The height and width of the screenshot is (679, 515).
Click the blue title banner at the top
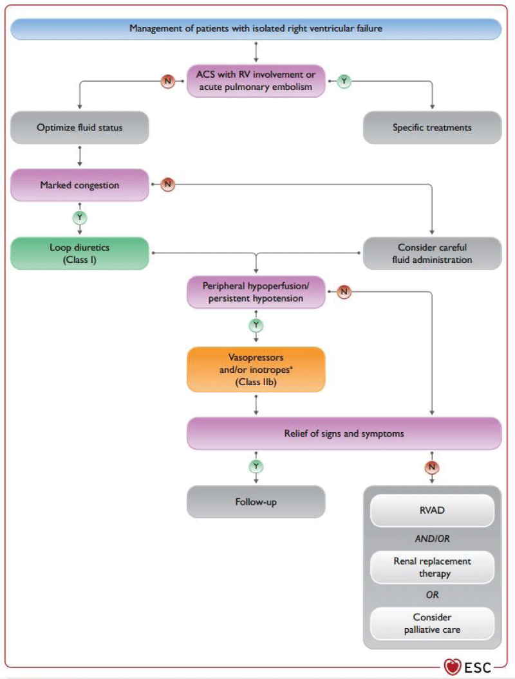tap(256, 28)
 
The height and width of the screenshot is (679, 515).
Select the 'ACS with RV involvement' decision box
tap(256, 80)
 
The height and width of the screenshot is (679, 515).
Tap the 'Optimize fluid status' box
tap(79, 127)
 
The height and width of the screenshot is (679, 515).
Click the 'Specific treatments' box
tap(432, 127)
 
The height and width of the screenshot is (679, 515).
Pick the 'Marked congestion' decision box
tap(79, 185)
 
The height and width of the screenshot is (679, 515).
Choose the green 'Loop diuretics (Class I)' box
tap(79, 253)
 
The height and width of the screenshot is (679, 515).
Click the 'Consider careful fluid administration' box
tap(432, 253)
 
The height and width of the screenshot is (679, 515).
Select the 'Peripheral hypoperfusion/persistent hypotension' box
tap(256, 292)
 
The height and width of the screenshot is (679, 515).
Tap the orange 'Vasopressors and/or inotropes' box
tap(256, 369)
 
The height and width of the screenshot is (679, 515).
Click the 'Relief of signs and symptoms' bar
tap(344, 433)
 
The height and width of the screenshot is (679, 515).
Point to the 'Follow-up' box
tap(256, 502)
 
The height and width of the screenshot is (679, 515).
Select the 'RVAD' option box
tap(432, 510)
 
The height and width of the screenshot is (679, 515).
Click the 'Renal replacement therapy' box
tap(432, 567)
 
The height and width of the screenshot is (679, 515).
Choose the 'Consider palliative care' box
tap(432, 623)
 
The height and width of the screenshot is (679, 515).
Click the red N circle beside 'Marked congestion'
tap(168, 185)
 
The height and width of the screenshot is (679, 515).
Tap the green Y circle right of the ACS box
tap(344, 81)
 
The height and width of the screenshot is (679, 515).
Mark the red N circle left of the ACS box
tap(168, 81)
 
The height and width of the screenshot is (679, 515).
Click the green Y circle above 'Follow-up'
tap(256, 466)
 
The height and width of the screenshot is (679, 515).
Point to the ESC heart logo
tap(452, 667)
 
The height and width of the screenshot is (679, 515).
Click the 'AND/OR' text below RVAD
tap(432, 539)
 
